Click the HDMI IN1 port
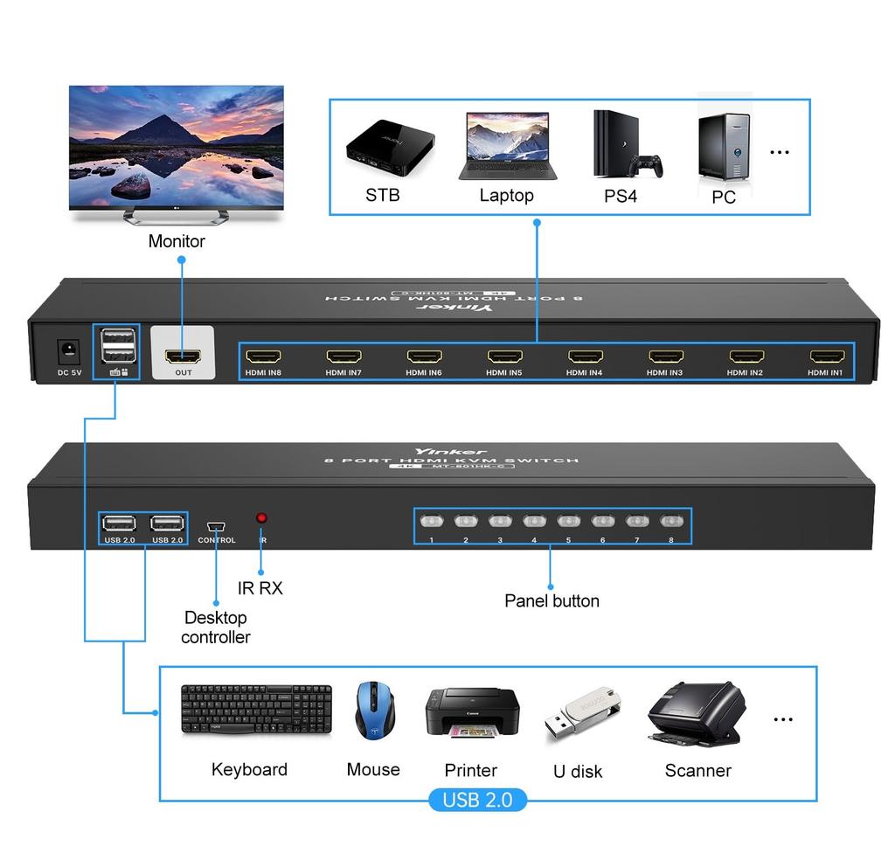tap(827, 357)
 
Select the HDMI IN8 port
tap(263, 357)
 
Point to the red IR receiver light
tap(261, 518)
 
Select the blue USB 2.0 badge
tap(477, 800)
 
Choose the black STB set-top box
tap(385, 146)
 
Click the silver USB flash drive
tap(581, 712)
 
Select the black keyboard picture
tap(256, 709)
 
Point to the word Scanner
tap(697, 770)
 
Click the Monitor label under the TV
tap(177, 241)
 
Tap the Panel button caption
tap(552, 600)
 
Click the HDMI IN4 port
tap(585, 357)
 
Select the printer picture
tap(472, 712)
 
